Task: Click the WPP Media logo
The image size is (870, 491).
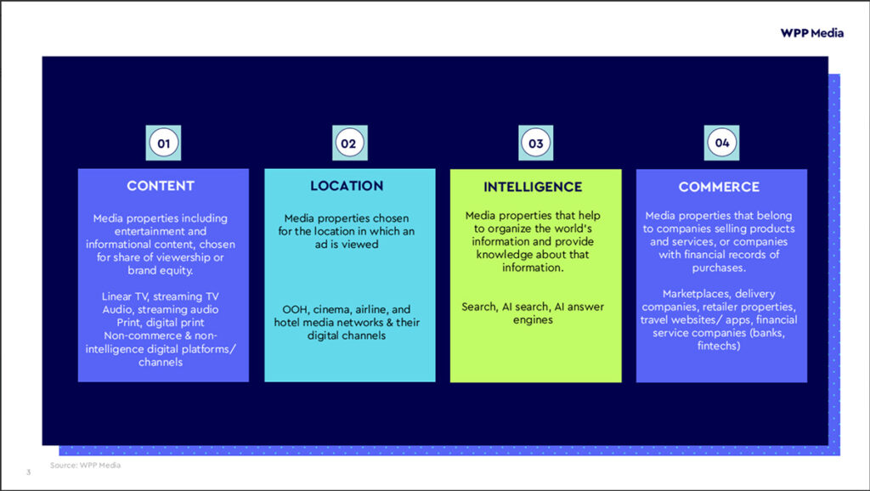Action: pyautogui.click(x=812, y=33)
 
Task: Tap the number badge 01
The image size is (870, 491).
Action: pyautogui.click(x=163, y=144)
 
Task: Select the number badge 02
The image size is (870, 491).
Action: pyautogui.click(x=348, y=144)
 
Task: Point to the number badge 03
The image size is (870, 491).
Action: pyautogui.click(x=535, y=144)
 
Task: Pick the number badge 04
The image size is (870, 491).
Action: pyautogui.click(x=722, y=143)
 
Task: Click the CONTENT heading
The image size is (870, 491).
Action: pyautogui.click(x=161, y=185)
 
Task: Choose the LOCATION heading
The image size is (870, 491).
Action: pyautogui.click(x=347, y=185)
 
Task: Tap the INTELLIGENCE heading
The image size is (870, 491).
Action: pyautogui.click(x=533, y=187)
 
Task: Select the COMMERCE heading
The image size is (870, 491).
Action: pyautogui.click(x=719, y=186)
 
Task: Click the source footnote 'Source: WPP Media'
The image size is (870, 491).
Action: pyautogui.click(x=85, y=465)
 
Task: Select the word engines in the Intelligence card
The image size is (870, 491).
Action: pyautogui.click(x=533, y=320)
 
